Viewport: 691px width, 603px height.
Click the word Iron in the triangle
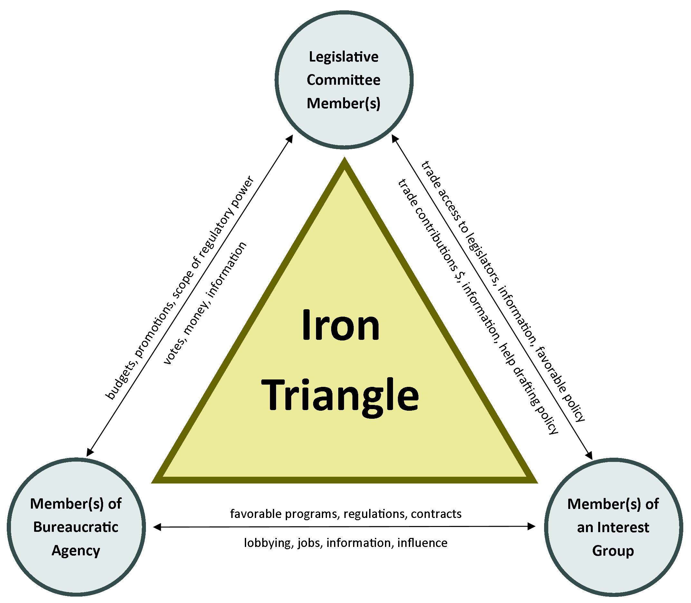340,325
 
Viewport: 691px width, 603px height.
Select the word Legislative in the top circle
344,57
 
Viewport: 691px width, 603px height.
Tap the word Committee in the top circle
344,80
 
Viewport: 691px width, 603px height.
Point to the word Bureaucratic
76,527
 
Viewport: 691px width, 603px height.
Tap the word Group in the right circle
613,551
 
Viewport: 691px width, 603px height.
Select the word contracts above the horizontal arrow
436,514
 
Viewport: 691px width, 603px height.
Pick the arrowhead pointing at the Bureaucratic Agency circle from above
90,452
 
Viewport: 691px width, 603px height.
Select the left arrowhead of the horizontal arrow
157,527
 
